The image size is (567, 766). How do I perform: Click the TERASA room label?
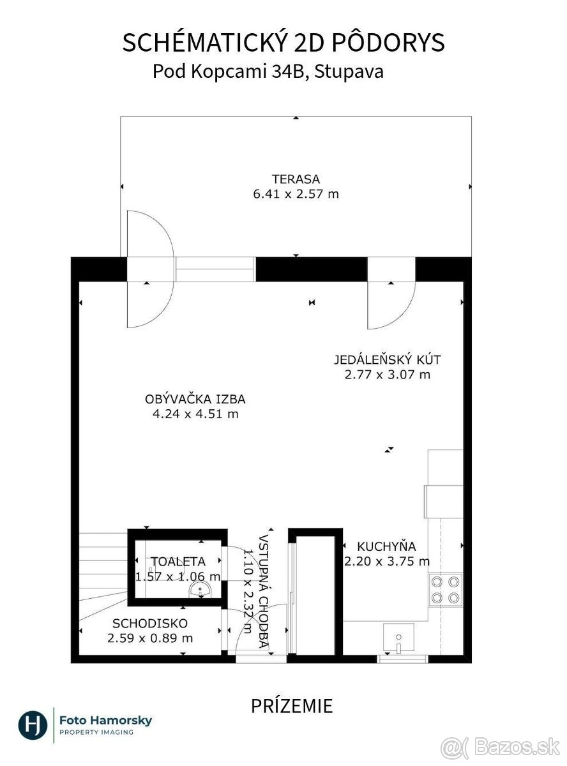tap(296, 179)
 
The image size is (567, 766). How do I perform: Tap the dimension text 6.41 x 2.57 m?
tap(296, 194)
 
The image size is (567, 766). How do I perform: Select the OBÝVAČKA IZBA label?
tap(195, 399)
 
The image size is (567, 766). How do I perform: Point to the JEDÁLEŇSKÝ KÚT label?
tap(388, 359)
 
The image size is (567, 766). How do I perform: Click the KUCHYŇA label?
tap(386, 546)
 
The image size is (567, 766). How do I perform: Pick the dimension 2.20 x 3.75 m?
tap(387, 561)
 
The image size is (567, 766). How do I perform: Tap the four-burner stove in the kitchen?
tap(446, 590)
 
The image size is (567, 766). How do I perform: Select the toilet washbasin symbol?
tap(200, 590)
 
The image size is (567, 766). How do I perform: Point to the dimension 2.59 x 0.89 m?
tap(150, 638)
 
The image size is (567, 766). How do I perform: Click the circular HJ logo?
tap(33, 725)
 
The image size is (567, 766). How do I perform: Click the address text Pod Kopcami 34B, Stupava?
tap(268, 72)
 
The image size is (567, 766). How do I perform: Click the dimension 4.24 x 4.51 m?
tap(195, 414)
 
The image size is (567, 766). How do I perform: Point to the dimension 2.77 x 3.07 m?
tap(388, 374)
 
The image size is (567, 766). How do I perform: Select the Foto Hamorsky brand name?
tap(106, 720)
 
